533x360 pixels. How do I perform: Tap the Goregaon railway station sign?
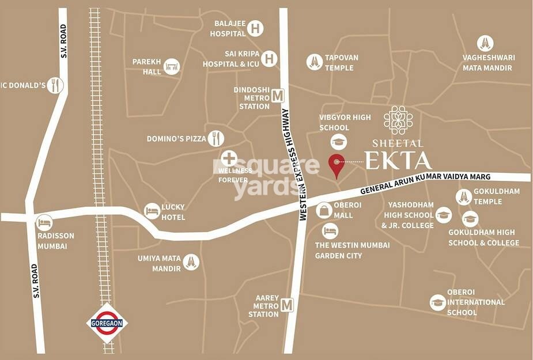click(107, 323)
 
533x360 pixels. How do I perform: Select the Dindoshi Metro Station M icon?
click(279, 96)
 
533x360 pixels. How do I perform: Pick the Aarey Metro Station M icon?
click(287, 305)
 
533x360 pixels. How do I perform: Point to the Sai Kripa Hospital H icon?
click(270, 58)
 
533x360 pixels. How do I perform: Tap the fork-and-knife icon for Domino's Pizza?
click(217, 138)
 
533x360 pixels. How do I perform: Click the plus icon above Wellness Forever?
click(229, 158)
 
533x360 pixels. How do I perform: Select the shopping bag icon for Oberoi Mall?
click(324, 210)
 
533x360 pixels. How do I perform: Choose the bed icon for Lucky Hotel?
click(152, 211)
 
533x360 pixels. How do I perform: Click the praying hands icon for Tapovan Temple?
click(315, 61)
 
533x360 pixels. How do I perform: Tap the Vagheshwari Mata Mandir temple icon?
click(485, 43)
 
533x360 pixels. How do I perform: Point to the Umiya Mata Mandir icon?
click(191, 262)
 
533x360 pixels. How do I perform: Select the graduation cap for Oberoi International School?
click(438, 302)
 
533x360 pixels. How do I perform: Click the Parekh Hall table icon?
click(172, 67)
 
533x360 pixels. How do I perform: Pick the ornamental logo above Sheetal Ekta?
click(398, 120)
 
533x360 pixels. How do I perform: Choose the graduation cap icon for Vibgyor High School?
click(338, 142)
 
